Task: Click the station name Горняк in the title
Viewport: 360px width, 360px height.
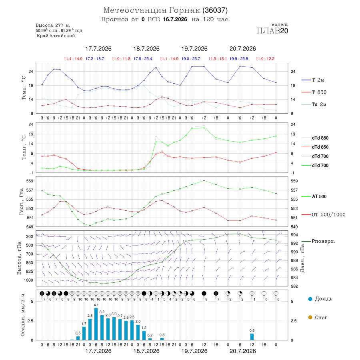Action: [184, 10]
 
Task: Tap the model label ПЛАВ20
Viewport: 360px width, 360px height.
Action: [272, 31]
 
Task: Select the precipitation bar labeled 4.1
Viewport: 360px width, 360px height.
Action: [96, 324]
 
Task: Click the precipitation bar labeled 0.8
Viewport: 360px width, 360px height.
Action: [252, 337]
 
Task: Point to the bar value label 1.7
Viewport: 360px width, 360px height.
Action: [84, 324]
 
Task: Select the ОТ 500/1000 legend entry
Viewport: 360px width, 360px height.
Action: [323, 215]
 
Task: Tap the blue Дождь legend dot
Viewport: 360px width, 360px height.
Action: [310, 299]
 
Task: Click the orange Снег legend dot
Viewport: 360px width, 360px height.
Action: [310, 317]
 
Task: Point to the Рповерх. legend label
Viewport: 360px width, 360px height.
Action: [323, 241]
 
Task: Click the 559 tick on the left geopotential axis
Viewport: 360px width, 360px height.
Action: [30, 181]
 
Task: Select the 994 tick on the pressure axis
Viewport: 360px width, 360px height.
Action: [294, 235]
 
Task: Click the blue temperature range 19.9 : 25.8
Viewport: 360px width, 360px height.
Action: [239, 59]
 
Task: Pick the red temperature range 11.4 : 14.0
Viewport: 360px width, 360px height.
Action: [73, 59]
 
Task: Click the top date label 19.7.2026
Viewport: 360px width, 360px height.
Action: [194, 49]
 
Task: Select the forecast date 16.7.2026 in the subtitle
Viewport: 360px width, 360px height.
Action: [175, 19]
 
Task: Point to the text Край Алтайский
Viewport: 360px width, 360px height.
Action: [56, 36]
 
